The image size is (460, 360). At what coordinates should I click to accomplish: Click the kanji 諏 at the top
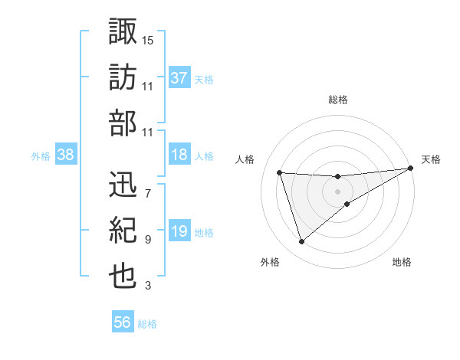[123, 32]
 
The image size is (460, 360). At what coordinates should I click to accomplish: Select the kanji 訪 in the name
[123, 78]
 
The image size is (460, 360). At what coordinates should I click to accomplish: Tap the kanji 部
[123, 124]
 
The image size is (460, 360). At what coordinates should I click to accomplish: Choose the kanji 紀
[123, 230]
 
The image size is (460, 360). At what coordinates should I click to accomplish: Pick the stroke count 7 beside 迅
[147, 192]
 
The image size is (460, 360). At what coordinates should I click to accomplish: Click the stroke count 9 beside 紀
[147, 240]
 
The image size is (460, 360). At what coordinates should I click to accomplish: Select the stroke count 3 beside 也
[147, 286]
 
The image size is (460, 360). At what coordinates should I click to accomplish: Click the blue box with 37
[179, 78]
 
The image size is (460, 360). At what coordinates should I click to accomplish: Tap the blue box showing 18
[179, 155]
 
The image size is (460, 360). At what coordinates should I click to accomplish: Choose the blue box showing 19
[179, 232]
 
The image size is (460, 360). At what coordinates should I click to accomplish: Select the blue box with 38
[66, 155]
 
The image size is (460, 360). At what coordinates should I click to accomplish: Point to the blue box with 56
[123, 323]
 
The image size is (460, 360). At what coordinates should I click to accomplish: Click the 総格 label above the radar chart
[337, 100]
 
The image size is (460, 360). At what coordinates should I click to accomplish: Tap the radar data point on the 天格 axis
[411, 169]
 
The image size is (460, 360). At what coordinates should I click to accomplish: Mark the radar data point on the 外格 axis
[301, 242]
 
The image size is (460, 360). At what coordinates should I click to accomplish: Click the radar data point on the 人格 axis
[280, 172]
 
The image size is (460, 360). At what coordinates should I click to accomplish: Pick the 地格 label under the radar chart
[402, 263]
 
